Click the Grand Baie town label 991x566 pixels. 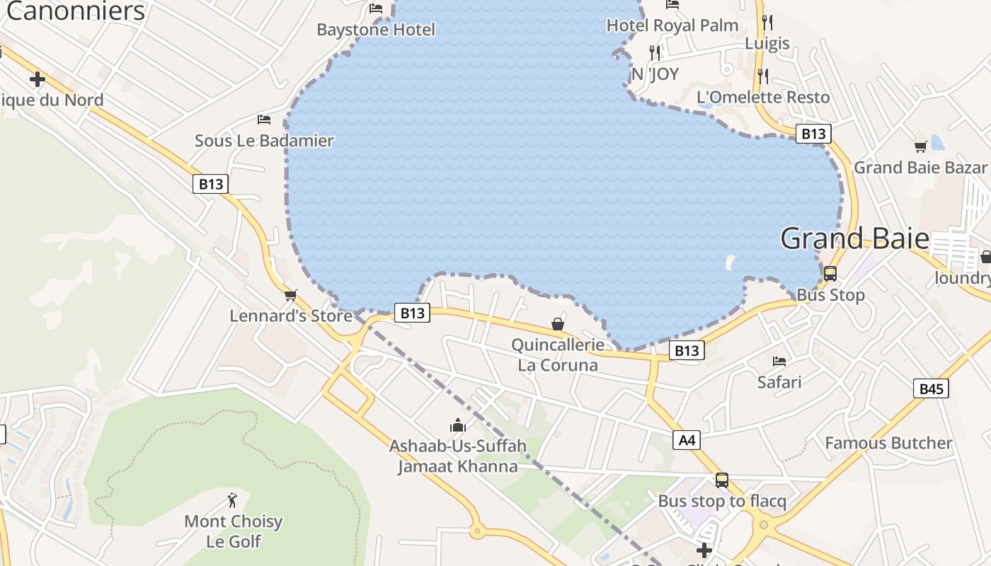pyautogui.click(x=854, y=239)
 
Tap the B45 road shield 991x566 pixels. pyautogui.click(x=931, y=388)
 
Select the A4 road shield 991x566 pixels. pyautogui.click(x=687, y=441)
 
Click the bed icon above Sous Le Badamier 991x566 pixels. pyautogui.click(x=264, y=120)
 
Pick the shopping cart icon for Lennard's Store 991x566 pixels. pyautogui.click(x=290, y=295)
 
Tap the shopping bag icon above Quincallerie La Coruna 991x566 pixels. pyautogui.click(x=558, y=324)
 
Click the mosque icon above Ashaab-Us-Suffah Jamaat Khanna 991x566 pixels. pyautogui.click(x=458, y=425)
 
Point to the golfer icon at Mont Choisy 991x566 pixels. pyautogui.click(x=232, y=501)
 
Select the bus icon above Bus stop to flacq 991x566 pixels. pyautogui.click(x=722, y=480)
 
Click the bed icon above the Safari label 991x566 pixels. pyautogui.click(x=779, y=361)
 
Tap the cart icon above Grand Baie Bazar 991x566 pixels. pyautogui.click(x=920, y=146)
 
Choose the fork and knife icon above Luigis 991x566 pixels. pyautogui.click(x=767, y=23)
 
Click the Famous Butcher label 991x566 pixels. pyautogui.click(x=888, y=444)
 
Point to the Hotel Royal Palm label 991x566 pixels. pyautogui.click(x=672, y=25)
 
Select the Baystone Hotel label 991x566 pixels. pyautogui.click(x=376, y=30)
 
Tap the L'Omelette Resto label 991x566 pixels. pyautogui.click(x=763, y=97)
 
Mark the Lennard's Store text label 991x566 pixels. pyautogui.click(x=291, y=316)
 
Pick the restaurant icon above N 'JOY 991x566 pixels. pyautogui.click(x=655, y=53)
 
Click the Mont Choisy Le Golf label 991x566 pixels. pyautogui.click(x=233, y=531)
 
